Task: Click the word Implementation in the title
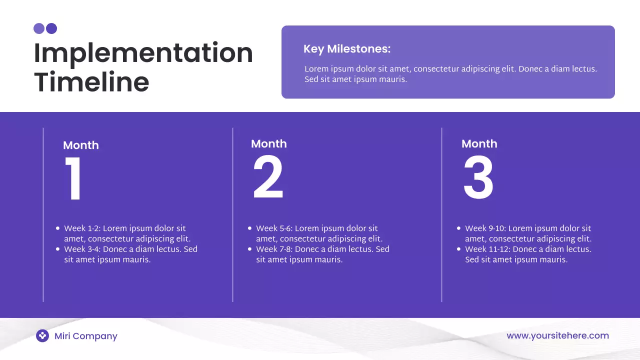click(x=143, y=53)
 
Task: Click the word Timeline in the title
click(x=91, y=82)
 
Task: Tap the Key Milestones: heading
click(x=346, y=49)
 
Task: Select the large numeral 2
click(x=268, y=178)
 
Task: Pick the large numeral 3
click(x=478, y=178)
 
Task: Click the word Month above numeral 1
click(x=81, y=145)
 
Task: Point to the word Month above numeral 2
click(x=268, y=144)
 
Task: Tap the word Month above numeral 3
click(x=479, y=144)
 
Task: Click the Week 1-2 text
click(x=82, y=228)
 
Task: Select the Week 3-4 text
click(x=82, y=249)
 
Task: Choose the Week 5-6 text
click(x=274, y=228)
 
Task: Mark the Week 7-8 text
click(x=274, y=249)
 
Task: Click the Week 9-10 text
click(x=485, y=228)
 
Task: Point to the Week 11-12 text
click(x=487, y=249)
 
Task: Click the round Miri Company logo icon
click(x=42, y=336)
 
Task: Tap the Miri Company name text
click(x=86, y=336)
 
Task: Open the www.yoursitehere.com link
click(x=557, y=335)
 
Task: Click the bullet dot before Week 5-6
click(x=250, y=228)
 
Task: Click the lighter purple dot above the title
click(x=39, y=28)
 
